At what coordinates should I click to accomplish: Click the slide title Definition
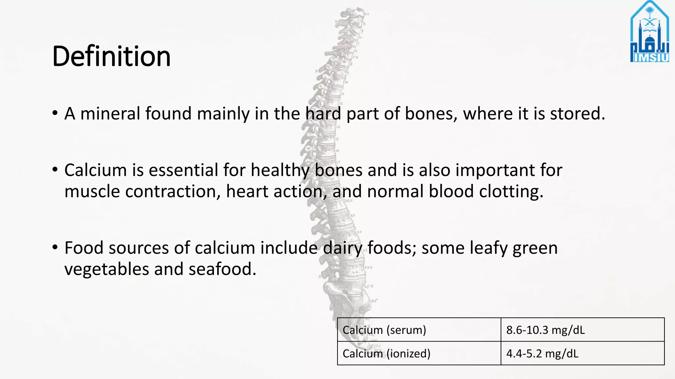pyautogui.click(x=111, y=56)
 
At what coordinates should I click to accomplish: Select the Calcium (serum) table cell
pyautogui.click(x=384, y=330)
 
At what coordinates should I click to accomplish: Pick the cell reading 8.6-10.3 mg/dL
pyautogui.click(x=545, y=330)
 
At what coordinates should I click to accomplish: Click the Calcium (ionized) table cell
pyautogui.click(x=386, y=353)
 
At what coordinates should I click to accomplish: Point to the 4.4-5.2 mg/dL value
pyautogui.click(x=542, y=353)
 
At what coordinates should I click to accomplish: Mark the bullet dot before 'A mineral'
pyautogui.click(x=55, y=114)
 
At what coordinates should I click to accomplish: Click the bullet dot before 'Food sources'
pyautogui.click(x=55, y=247)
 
